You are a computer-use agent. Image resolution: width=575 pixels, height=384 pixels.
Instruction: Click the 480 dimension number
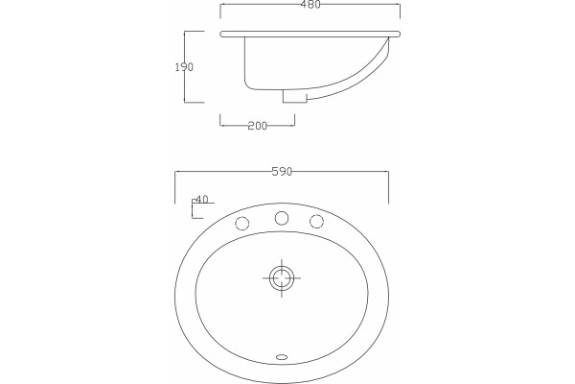[310, 4]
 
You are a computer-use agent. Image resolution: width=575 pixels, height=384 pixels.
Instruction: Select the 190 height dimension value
[184, 67]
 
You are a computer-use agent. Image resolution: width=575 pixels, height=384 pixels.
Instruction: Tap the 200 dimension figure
[258, 126]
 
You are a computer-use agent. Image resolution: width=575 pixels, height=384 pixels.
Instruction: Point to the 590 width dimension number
[282, 172]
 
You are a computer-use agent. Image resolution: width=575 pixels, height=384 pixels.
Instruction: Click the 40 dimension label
[201, 199]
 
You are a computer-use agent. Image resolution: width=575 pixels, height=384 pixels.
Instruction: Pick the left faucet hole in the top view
[242, 223]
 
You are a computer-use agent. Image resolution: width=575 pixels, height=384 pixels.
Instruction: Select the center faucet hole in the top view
[282, 218]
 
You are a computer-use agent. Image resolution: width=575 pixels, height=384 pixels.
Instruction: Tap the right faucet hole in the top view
[316, 221]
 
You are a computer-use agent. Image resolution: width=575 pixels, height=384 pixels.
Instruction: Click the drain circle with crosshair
[282, 277]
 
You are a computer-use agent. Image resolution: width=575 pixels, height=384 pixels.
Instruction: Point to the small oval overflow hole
[282, 356]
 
